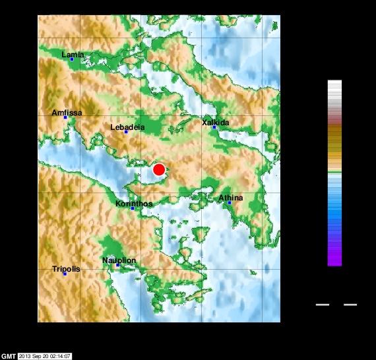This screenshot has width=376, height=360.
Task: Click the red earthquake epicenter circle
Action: [158, 169]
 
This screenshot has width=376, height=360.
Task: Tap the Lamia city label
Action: [73, 54]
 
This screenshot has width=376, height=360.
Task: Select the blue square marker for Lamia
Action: [71, 59]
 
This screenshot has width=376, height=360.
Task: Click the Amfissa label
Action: [67, 113]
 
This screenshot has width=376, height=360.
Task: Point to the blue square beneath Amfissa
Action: [65, 118]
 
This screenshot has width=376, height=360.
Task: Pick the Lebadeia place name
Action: [127, 127]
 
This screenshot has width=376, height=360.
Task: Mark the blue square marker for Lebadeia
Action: [126, 132]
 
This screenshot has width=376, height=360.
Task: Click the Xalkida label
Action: [215, 123]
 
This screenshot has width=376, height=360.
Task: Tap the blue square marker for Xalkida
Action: [214, 127]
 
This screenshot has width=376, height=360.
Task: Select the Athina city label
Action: [231, 198]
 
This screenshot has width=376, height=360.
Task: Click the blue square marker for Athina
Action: [230, 203]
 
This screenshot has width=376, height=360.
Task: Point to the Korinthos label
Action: [134, 204]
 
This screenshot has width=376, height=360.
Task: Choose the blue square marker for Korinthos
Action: [133, 208]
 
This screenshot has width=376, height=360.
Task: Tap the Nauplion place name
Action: [119, 260]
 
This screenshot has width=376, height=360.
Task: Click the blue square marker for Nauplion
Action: [118, 266]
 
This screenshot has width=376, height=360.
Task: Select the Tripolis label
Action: [66, 269]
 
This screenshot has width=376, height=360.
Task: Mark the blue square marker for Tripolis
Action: [65, 274]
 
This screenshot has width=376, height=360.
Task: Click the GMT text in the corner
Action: [8, 356]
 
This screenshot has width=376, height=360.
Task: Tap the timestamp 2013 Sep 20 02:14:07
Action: [45, 356]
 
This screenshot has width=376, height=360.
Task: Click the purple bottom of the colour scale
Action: [334, 260]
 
